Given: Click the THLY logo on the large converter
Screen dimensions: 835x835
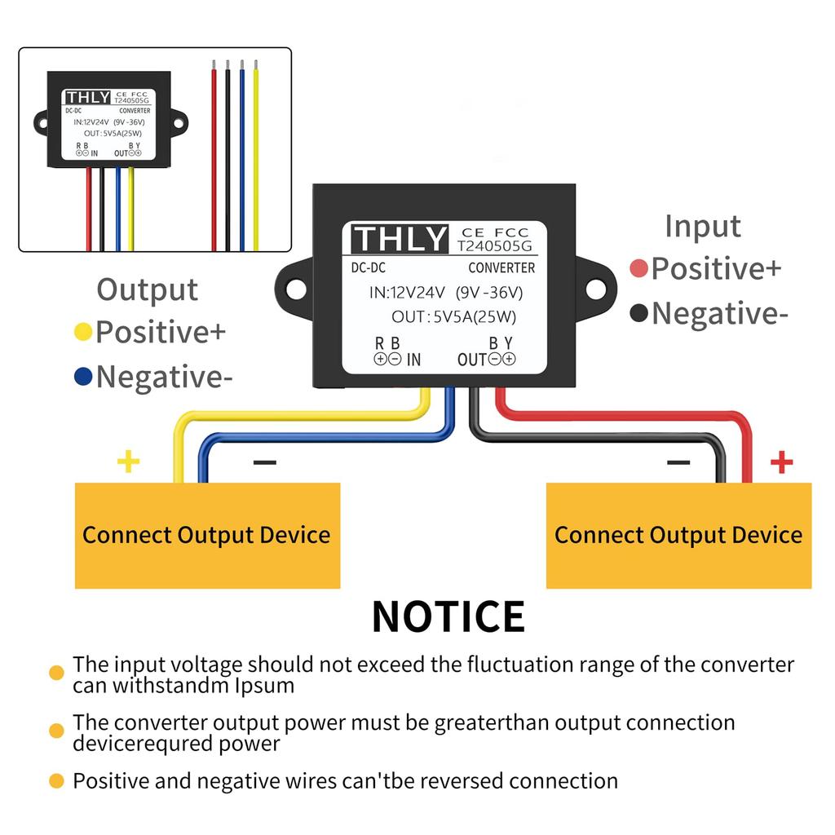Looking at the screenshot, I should click(400, 239).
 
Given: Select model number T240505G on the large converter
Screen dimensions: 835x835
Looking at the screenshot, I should click(493, 245).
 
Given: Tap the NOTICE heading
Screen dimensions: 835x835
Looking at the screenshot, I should click(448, 616).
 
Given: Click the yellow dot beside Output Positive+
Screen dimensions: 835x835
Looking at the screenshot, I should click(82, 332).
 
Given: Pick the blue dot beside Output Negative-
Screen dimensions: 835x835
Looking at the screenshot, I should click(82, 377).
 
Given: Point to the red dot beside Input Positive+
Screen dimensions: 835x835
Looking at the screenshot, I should click(639, 268).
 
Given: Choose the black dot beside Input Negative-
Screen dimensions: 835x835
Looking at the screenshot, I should click(639, 313).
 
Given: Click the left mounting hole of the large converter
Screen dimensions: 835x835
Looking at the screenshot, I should click(296, 289).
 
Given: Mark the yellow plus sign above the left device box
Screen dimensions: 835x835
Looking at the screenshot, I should click(129, 462).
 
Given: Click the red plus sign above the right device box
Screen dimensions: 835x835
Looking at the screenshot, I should click(781, 462).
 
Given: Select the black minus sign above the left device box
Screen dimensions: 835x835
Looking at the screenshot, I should click(264, 463).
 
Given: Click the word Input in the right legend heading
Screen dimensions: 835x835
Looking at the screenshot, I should click(702, 226).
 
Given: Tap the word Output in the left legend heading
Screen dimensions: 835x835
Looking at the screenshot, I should click(147, 289).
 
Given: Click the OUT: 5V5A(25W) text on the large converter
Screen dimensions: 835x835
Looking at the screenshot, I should click(453, 317).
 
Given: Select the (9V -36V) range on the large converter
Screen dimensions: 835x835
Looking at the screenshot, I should click(489, 292).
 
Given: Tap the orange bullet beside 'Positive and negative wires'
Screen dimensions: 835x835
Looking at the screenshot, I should click(56, 781).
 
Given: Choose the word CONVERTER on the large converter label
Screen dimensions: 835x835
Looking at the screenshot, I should click(501, 267).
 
